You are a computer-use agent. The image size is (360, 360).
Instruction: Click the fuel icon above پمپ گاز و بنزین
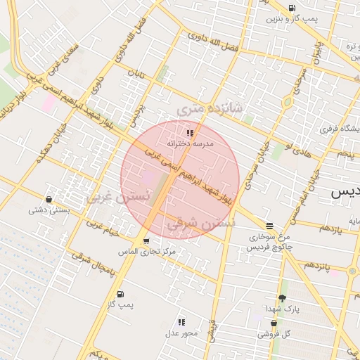(292, 8)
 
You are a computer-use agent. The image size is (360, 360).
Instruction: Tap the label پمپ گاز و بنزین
(286, 19)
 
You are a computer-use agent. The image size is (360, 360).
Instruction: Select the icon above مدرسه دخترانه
(189, 132)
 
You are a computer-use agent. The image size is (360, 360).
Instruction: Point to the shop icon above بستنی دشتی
(48, 199)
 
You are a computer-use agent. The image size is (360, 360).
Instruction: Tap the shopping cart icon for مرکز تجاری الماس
(146, 241)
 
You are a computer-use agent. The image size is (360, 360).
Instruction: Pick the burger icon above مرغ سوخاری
(270, 226)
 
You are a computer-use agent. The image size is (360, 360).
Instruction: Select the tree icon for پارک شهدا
(283, 298)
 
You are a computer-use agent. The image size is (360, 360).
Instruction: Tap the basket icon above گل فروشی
(274, 323)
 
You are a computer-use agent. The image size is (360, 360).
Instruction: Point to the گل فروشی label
(274, 334)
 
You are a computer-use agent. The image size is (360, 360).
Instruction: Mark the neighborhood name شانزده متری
(210, 108)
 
